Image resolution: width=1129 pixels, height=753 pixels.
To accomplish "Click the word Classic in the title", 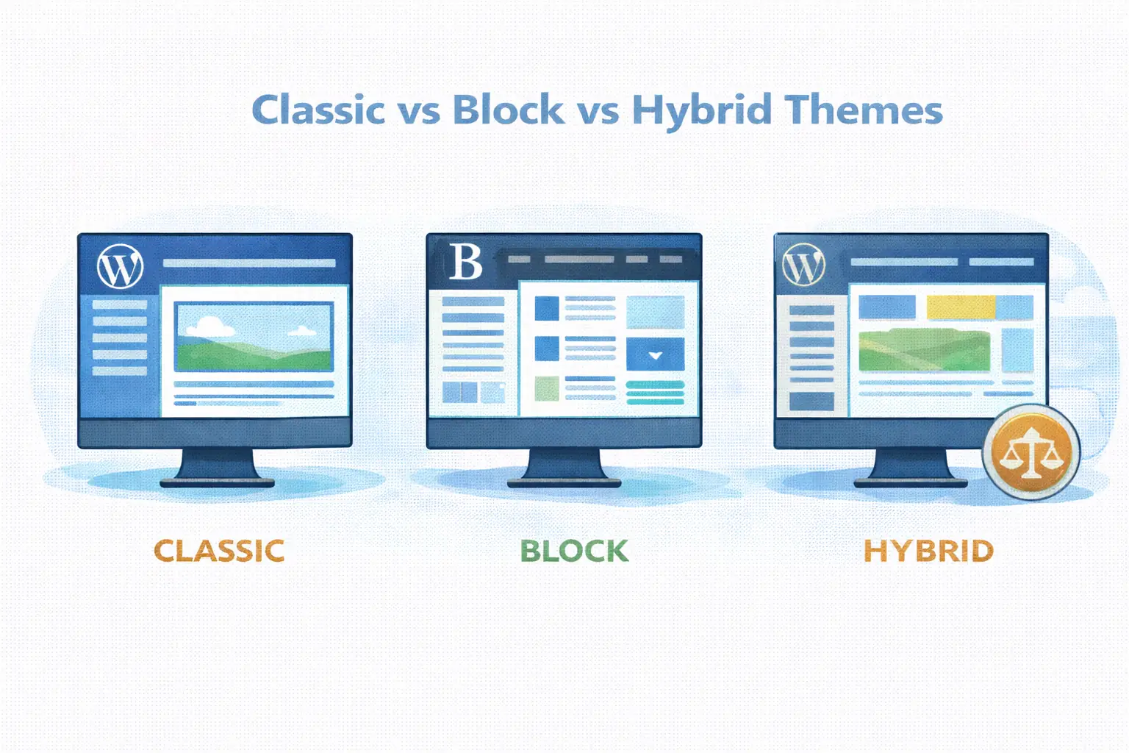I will [x=318, y=110].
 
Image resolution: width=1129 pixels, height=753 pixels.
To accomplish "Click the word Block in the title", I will [x=508, y=110].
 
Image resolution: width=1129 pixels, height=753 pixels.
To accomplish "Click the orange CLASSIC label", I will [x=219, y=551].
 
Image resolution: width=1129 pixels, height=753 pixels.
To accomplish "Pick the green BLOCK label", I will [x=574, y=551].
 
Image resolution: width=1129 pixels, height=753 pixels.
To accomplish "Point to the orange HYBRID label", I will [x=928, y=551].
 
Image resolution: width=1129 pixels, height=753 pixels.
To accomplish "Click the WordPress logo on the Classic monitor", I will [x=120, y=266].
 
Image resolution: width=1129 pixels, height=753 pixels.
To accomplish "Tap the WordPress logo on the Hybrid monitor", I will [x=803, y=265].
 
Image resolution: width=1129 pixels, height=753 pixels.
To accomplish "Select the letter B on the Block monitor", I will [x=465, y=262].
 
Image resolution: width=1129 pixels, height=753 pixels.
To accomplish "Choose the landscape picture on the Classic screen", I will [x=254, y=337].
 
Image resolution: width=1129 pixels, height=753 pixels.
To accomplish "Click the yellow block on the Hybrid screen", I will [x=960, y=307].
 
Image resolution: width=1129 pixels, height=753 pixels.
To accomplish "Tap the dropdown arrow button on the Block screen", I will [x=655, y=354].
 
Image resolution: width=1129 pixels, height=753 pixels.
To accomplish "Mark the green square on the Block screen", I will [x=546, y=388].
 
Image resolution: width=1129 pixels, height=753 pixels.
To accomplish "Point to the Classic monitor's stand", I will [x=218, y=468].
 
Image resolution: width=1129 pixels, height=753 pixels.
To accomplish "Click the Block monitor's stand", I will [x=564, y=468].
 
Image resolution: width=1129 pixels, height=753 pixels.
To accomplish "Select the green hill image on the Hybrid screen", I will [x=924, y=350].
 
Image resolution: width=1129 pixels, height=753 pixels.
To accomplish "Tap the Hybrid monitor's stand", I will [x=910, y=468].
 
